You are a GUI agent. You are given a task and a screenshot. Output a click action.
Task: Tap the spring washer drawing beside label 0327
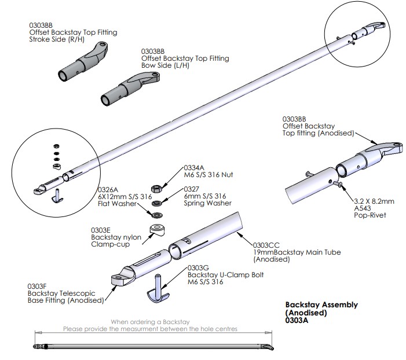156,203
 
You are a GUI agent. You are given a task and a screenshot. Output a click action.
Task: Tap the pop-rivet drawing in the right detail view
339,185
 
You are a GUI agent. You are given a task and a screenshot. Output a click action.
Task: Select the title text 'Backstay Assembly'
321,305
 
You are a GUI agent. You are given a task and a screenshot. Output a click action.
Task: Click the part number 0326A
108,189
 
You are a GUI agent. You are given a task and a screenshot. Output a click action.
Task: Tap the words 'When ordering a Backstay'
150,321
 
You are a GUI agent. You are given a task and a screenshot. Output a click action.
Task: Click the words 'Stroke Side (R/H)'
57,40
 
